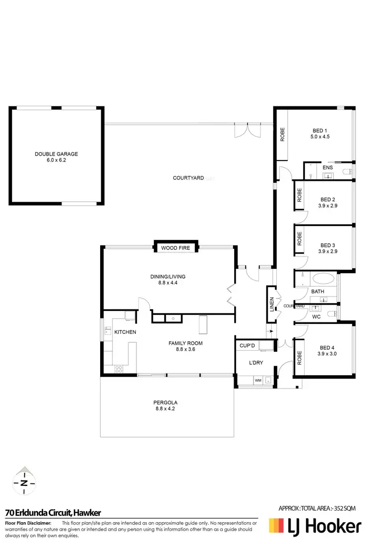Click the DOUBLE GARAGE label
pos(56,154)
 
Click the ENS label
pos(328,168)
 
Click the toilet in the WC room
pos(335,313)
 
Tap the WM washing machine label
pos(258,380)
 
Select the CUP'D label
pos(247,345)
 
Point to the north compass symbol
pos(23,482)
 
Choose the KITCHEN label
pos(125,332)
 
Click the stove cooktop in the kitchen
pos(119,369)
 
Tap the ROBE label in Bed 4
pos(299,358)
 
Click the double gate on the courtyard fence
pos(246,130)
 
